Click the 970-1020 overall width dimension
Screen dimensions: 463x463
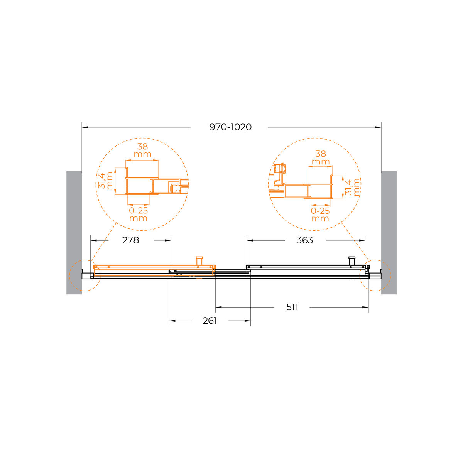click(x=230, y=127)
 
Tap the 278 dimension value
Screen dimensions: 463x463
click(x=130, y=240)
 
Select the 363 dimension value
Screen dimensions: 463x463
click(x=304, y=240)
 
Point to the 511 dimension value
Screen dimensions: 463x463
click(x=292, y=307)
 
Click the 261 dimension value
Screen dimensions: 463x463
click(x=210, y=321)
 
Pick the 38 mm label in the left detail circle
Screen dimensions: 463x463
click(x=142, y=150)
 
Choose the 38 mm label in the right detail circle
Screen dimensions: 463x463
click(x=321, y=158)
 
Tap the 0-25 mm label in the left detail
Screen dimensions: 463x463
click(x=138, y=214)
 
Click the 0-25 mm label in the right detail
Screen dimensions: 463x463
click(x=320, y=215)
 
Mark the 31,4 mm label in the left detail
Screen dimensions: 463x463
click(x=105, y=181)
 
